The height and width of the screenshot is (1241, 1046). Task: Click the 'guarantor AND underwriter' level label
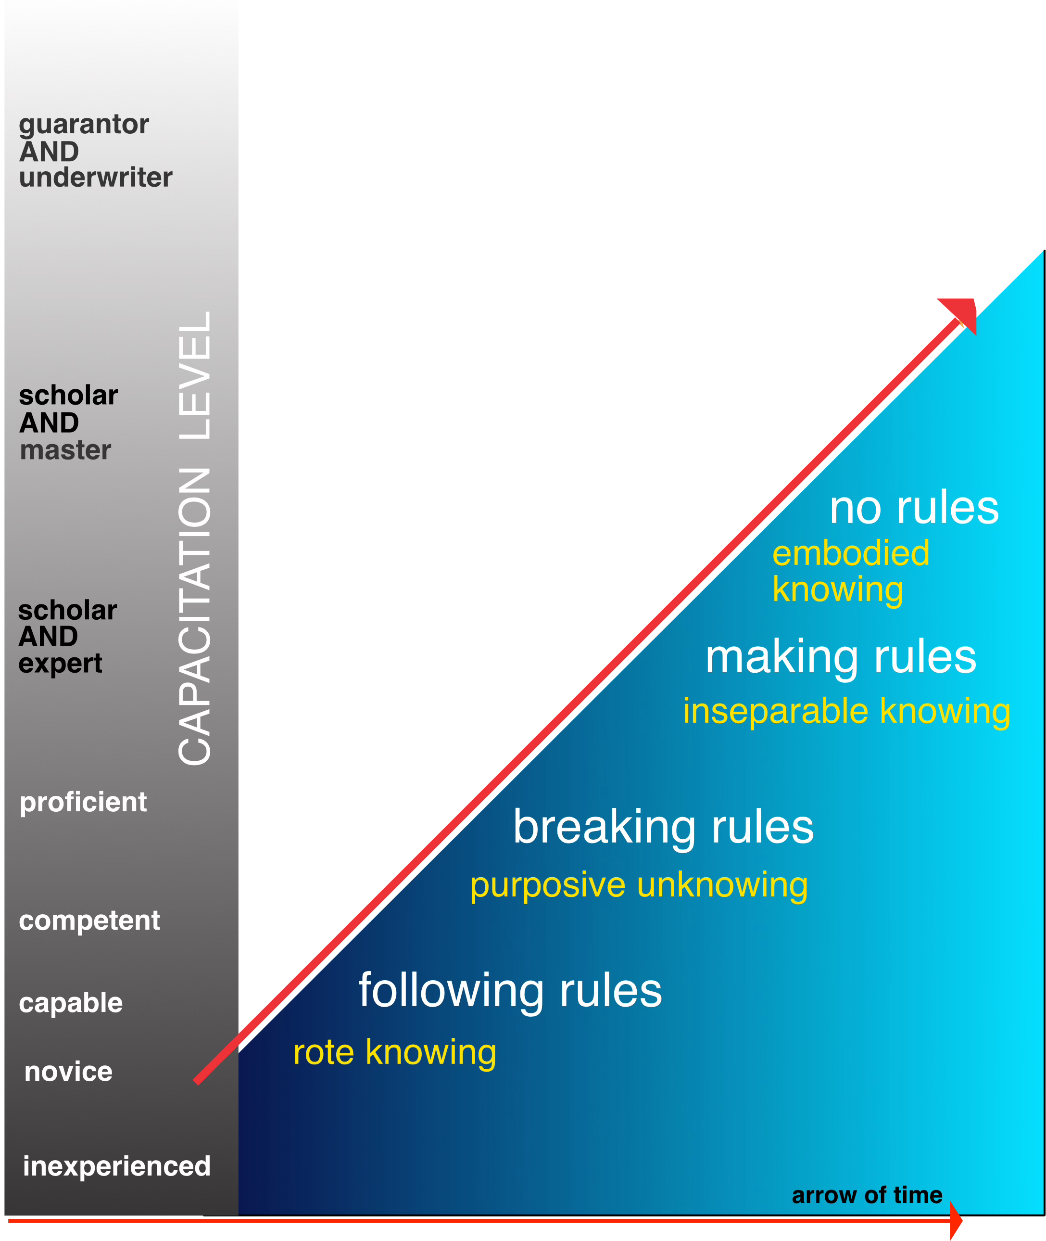point(95,151)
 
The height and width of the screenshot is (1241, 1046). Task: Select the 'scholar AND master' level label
point(68,422)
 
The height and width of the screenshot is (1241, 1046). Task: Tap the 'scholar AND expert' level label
point(67,637)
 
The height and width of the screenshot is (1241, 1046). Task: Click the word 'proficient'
point(83,803)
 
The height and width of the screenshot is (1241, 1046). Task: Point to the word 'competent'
point(89,921)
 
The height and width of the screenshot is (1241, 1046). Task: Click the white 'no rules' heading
point(914,509)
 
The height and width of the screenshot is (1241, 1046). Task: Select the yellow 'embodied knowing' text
point(850,571)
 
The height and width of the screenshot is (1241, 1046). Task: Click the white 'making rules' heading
point(840,657)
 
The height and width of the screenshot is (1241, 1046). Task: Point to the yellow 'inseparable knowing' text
point(846,711)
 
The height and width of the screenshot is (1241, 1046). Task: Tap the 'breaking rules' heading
point(663,828)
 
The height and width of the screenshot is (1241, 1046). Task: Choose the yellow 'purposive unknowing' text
point(639,885)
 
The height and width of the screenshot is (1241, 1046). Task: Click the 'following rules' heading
point(510,991)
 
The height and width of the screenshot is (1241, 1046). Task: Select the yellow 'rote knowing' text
point(394,1052)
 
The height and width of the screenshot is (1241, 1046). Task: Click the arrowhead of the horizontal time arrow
point(956,1221)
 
